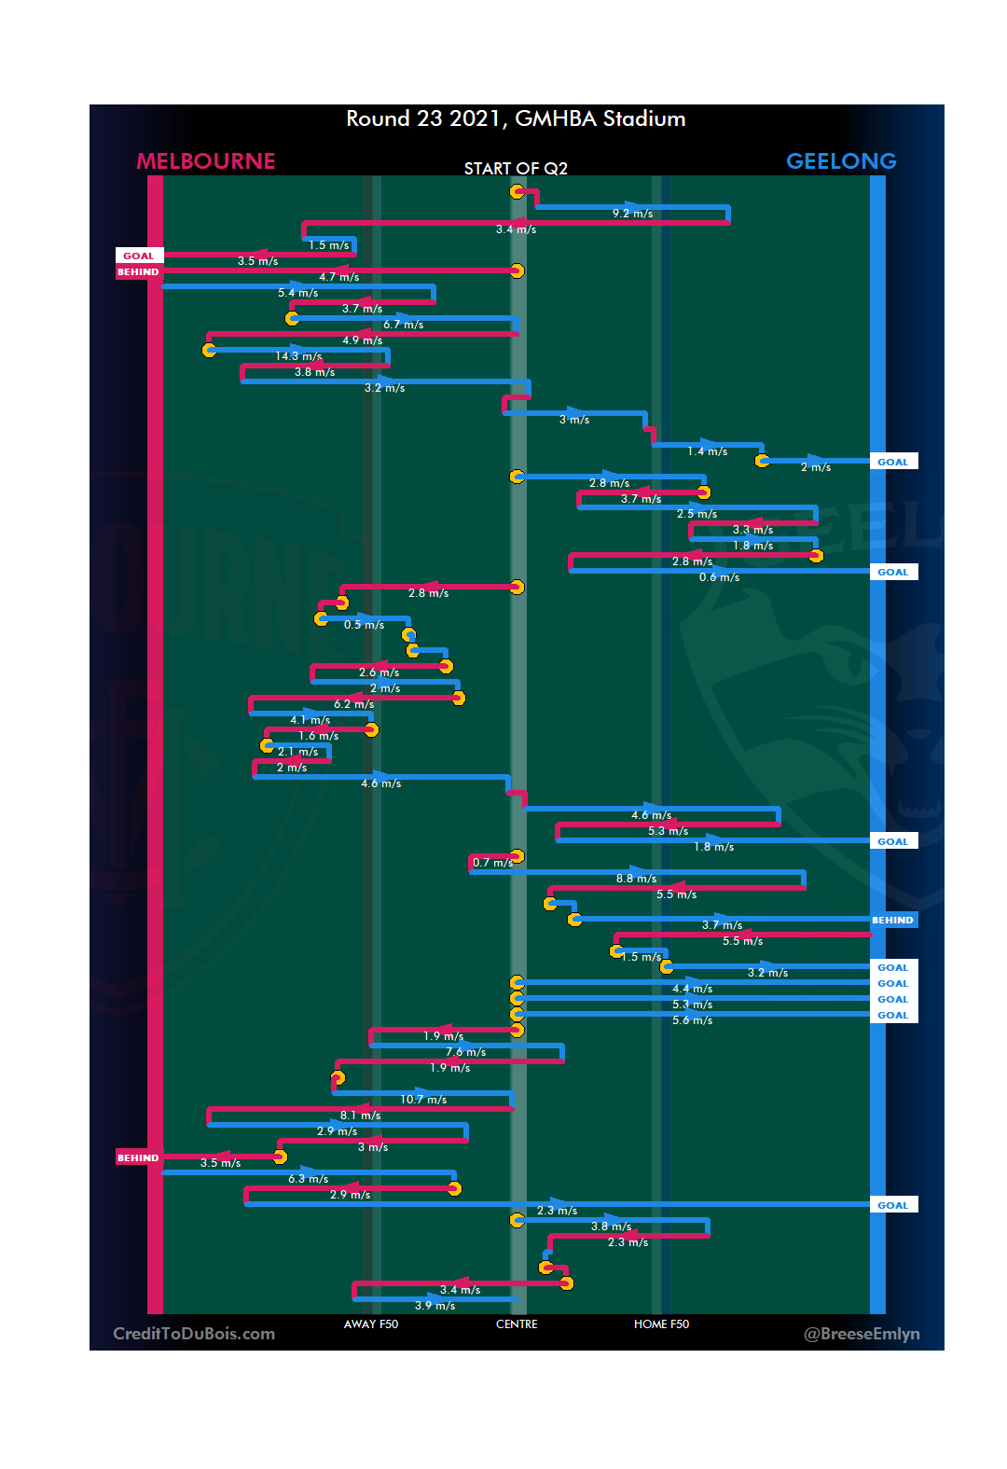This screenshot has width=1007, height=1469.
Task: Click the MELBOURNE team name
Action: (x=206, y=161)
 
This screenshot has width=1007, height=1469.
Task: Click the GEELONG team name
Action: (x=841, y=161)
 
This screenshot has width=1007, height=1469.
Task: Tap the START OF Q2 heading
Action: (x=516, y=169)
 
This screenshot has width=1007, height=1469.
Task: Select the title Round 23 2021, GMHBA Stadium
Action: (x=516, y=119)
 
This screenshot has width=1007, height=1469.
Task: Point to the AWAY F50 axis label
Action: (x=371, y=1324)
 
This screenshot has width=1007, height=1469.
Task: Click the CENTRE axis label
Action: (x=517, y=1324)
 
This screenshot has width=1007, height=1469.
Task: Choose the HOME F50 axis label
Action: (x=661, y=1324)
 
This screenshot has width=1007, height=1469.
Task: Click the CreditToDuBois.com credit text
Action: (x=194, y=1334)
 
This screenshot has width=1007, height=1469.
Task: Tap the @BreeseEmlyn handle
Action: (x=862, y=1334)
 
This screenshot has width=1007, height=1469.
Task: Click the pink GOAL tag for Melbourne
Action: (x=139, y=256)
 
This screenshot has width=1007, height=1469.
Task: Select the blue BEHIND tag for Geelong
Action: (x=892, y=921)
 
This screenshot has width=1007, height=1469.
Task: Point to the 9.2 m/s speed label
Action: (x=632, y=215)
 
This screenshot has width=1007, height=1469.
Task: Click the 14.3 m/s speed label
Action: (x=298, y=356)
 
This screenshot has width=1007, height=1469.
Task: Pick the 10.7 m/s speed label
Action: (x=423, y=1100)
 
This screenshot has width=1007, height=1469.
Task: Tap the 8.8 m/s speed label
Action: (x=636, y=879)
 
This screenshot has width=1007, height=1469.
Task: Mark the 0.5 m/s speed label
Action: (x=364, y=625)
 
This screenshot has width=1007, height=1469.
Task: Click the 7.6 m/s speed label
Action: (x=465, y=1052)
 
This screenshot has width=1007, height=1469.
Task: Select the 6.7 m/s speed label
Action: (x=403, y=325)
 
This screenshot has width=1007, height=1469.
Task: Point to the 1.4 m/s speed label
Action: (x=707, y=451)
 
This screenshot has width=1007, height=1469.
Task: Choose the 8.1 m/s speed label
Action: (x=360, y=1116)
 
